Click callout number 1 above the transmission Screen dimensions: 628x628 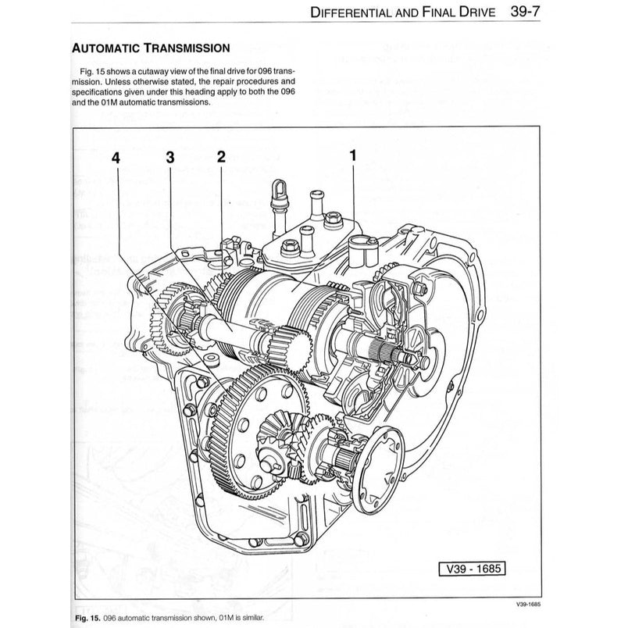click(x=353, y=155)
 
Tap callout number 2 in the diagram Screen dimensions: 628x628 click(x=221, y=155)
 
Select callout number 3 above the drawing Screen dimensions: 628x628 click(x=169, y=156)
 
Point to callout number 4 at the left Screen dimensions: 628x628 click(x=116, y=156)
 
